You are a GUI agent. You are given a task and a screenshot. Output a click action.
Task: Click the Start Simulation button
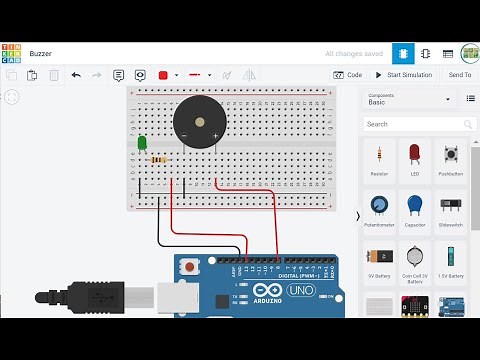click(403, 75)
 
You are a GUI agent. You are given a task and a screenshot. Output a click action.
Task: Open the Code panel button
click(348, 75)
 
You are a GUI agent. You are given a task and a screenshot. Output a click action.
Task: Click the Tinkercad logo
click(12, 53)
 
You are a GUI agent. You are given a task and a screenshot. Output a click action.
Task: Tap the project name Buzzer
click(41, 53)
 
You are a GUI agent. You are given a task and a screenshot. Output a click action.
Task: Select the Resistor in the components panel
click(379, 156)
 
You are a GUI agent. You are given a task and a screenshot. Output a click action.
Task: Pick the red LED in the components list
click(415, 156)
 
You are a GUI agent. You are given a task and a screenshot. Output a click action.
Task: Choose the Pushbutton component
click(450, 156)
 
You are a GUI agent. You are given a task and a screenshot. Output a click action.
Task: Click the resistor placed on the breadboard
click(158, 159)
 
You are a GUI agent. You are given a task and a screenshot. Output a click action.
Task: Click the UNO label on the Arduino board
click(301, 290)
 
